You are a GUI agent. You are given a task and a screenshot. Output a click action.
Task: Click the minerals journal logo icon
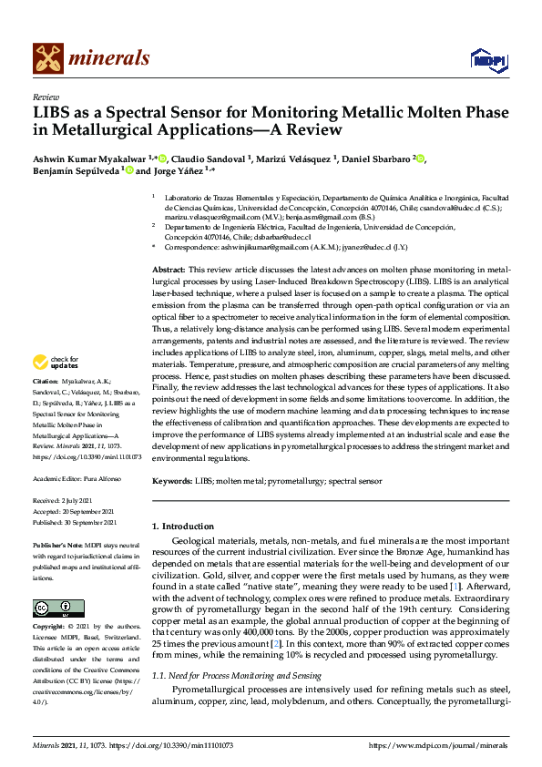pos(48,59)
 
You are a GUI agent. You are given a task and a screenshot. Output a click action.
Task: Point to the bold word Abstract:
pos(168,271)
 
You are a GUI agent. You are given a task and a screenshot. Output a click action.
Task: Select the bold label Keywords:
pos(172,480)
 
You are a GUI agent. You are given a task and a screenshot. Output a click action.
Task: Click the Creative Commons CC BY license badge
pos(51,608)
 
